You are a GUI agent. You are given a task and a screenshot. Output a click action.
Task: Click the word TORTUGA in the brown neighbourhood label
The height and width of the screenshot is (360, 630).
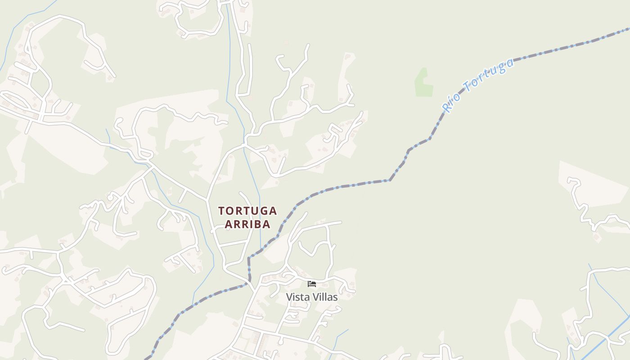[x=247, y=211]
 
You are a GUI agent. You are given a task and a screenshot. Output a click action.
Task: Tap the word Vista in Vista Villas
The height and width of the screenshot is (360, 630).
[x=298, y=297]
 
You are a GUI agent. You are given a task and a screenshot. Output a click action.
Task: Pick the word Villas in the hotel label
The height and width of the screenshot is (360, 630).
[x=324, y=297]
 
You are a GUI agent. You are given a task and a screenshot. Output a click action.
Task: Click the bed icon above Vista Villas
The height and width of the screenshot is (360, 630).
[x=312, y=284]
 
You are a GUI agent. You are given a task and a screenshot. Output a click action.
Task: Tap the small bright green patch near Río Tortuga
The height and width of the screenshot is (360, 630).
[x=423, y=83]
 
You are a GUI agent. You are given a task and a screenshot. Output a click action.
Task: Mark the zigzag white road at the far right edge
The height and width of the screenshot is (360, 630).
[x=585, y=207]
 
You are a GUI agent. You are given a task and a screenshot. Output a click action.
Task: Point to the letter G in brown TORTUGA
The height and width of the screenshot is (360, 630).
[x=262, y=211]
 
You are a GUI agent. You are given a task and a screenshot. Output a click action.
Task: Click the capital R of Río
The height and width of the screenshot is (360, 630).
[x=447, y=108]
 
